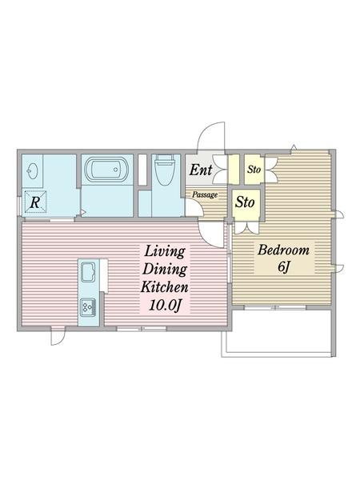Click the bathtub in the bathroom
click(106, 170)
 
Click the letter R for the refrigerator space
click(35, 202)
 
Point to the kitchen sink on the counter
click(89, 271)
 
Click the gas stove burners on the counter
click(88, 307)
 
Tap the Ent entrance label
click(201, 170)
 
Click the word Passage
click(205, 194)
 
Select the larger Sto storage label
click(245, 202)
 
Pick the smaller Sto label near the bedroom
click(254, 169)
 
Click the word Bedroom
click(283, 250)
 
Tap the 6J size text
click(283, 267)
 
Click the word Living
click(165, 252)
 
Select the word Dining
click(165, 270)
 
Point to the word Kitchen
click(164, 287)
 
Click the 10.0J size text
click(165, 306)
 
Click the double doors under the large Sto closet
click(246, 228)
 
